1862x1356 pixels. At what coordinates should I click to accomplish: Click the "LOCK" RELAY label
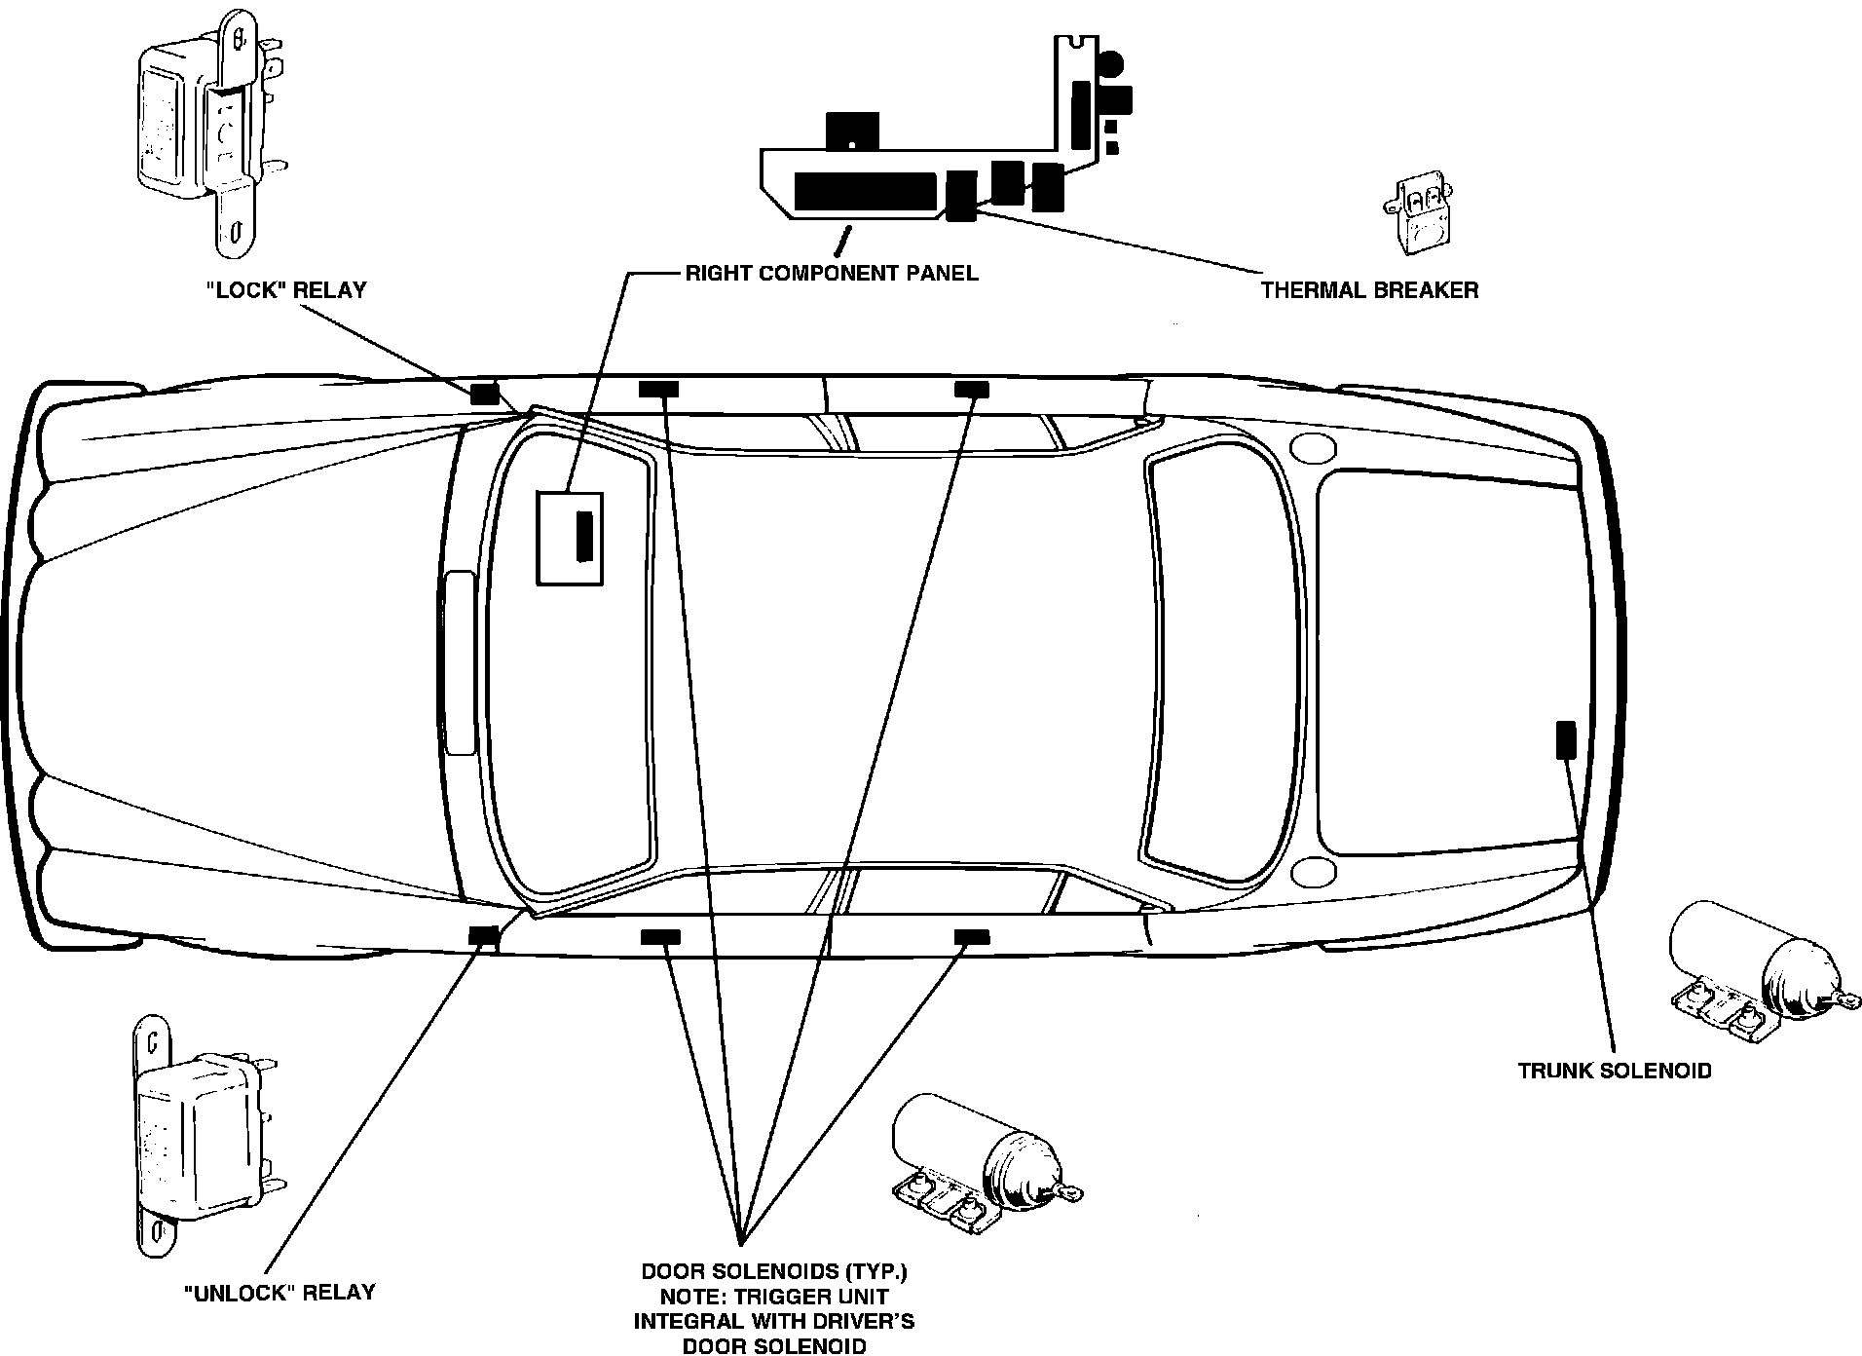click(x=286, y=289)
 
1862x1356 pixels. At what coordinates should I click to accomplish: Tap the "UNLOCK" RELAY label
click(x=279, y=1293)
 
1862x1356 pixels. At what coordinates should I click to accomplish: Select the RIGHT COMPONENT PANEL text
click(x=832, y=273)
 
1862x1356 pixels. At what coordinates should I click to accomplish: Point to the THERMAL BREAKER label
click(x=1369, y=289)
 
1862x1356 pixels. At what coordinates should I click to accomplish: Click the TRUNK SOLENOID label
click(x=1615, y=1071)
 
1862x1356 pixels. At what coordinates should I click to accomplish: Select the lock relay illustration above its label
click(x=210, y=136)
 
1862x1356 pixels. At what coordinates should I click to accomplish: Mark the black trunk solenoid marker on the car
click(x=1565, y=739)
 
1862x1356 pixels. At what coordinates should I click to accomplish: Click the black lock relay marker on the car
click(x=484, y=394)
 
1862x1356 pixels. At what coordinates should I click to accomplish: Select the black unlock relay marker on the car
click(x=484, y=935)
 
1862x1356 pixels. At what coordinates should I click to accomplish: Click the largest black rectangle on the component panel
click(x=865, y=191)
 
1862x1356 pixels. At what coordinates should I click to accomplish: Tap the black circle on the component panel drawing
click(x=1110, y=65)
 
